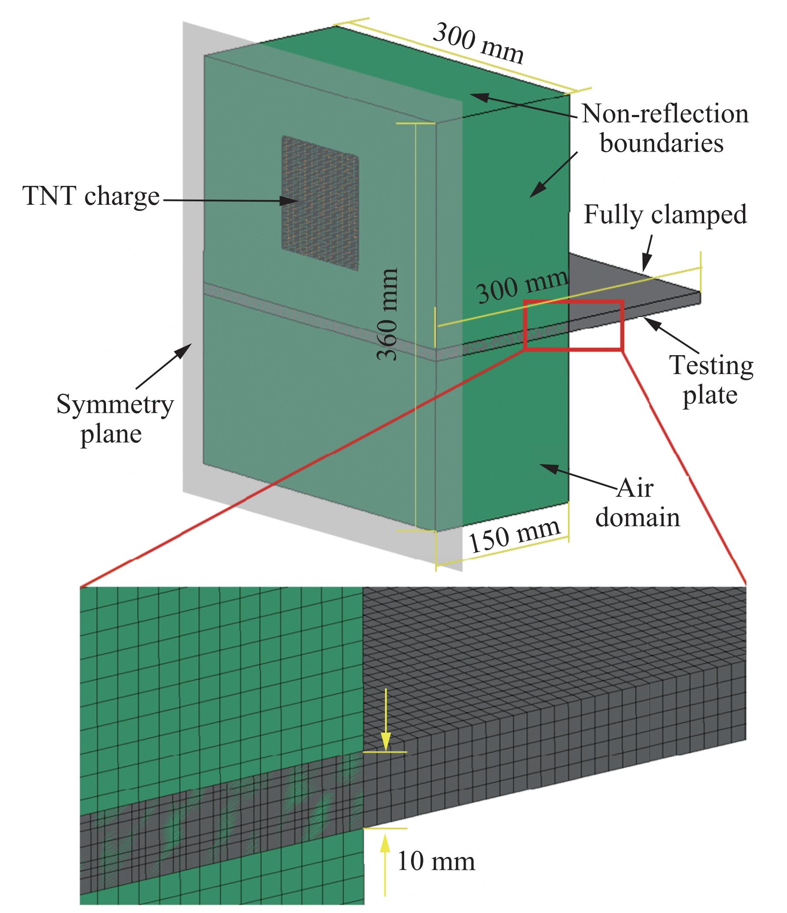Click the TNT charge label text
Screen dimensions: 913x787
click(x=91, y=197)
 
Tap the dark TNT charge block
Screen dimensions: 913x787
click(x=320, y=203)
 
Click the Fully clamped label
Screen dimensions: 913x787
click(x=665, y=215)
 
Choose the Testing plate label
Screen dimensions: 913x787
click(x=711, y=380)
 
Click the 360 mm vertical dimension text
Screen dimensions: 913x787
click(x=388, y=315)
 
